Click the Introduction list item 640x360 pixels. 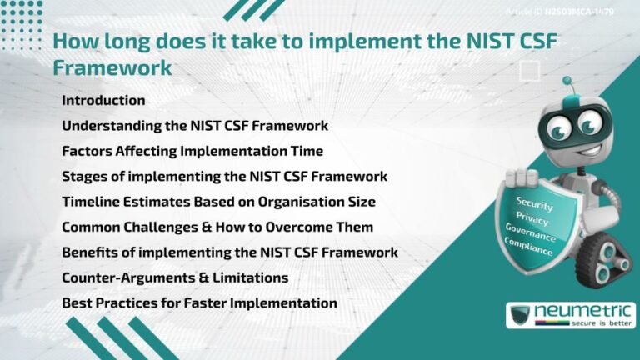pyautogui.click(x=103, y=100)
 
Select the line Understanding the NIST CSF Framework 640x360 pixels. pyautogui.click(x=194, y=126)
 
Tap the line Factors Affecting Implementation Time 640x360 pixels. pyautogui.click(x=192, y=151)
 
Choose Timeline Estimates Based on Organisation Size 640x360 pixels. pyautogui.click(x=218, y=201)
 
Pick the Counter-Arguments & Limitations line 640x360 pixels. pyautogui.click(x=175, y=277)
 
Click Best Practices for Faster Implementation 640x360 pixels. pyautogui.click(x=199, y=302)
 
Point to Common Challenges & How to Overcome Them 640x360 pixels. pyautogui.click(x=217, y=227)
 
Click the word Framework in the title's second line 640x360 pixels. pyautogui.click(x=112, y=68)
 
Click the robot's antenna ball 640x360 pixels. pyautogui.click(x=567, y=82)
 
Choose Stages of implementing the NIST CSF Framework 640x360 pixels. pyautogui.click(x=224, y=176)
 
